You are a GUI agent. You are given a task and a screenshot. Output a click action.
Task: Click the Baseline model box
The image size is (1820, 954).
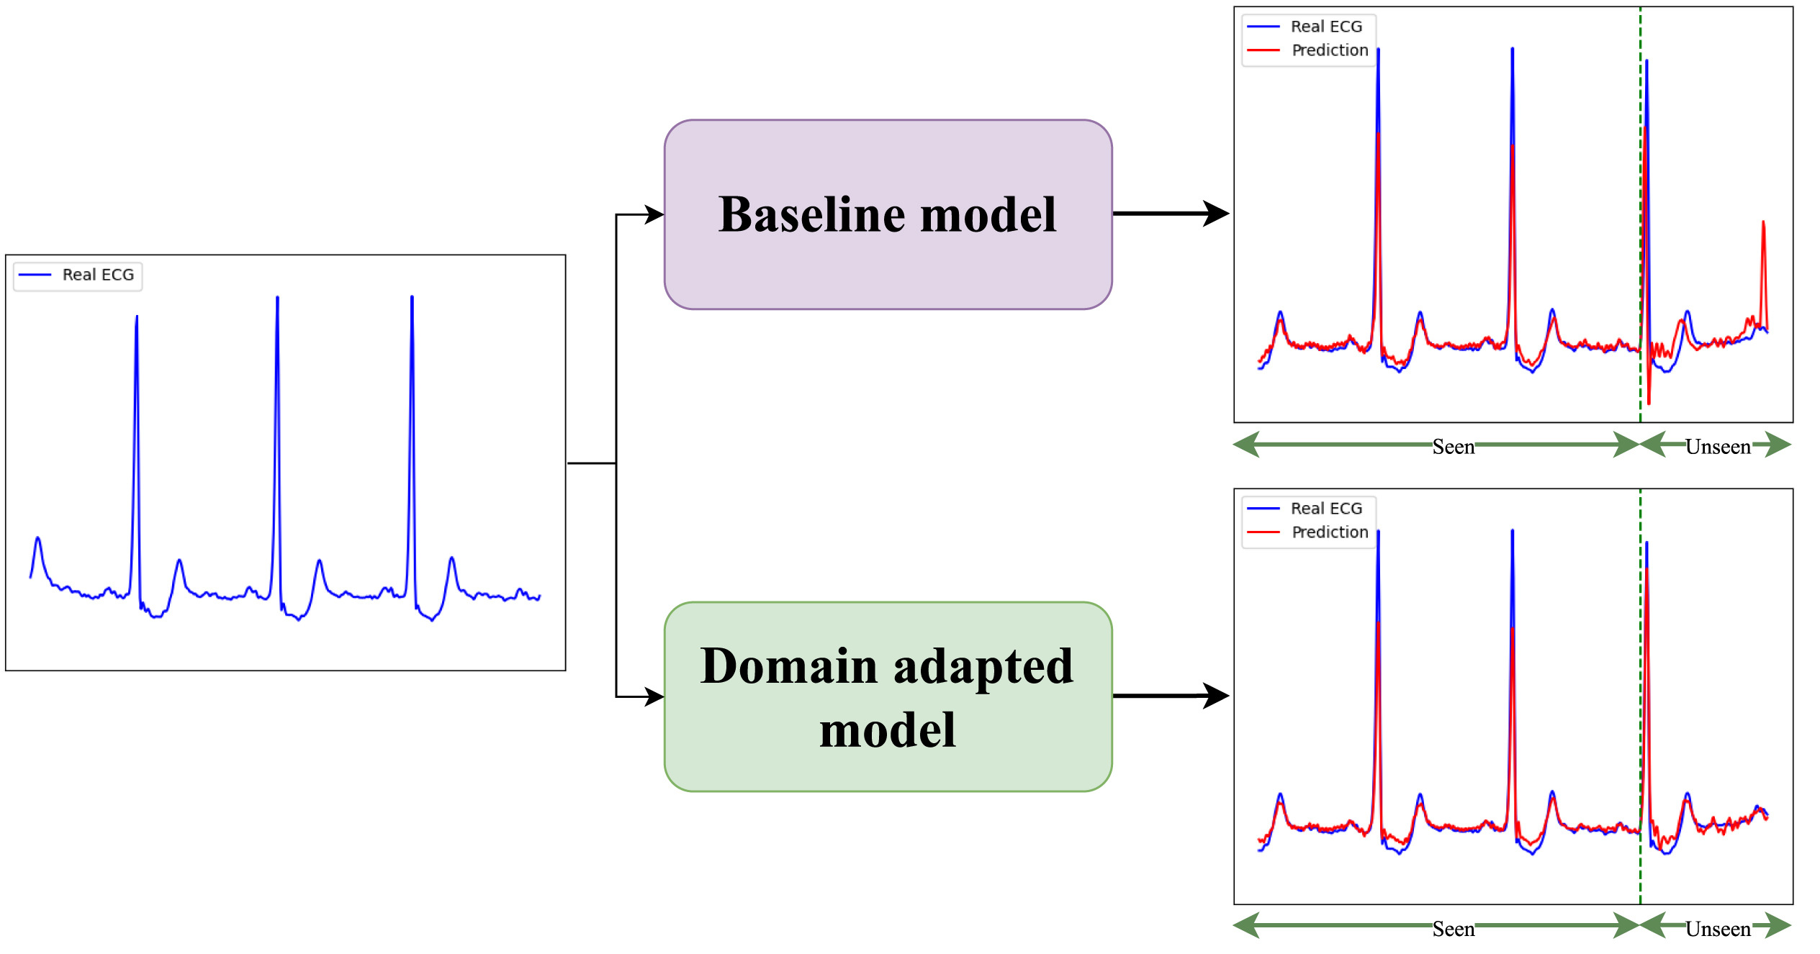(888, 214)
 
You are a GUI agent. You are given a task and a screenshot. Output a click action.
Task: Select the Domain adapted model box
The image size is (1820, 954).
(888, 696)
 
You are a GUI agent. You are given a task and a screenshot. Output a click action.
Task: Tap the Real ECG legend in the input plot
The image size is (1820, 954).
(78, 276)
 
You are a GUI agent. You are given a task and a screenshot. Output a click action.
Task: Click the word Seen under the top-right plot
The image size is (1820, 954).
(1453, 447)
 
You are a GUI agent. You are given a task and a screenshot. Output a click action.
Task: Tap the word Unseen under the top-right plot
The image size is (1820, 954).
(1718, 447)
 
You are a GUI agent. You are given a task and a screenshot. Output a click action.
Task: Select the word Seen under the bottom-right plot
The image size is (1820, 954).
(1453, 929)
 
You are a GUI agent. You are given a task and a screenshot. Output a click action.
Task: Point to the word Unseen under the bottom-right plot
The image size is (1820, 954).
(1718, 929)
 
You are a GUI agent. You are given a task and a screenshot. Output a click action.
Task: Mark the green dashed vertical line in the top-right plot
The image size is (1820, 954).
(1640, 216)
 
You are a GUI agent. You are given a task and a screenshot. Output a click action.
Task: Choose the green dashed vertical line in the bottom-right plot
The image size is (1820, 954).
(1640, 698)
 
